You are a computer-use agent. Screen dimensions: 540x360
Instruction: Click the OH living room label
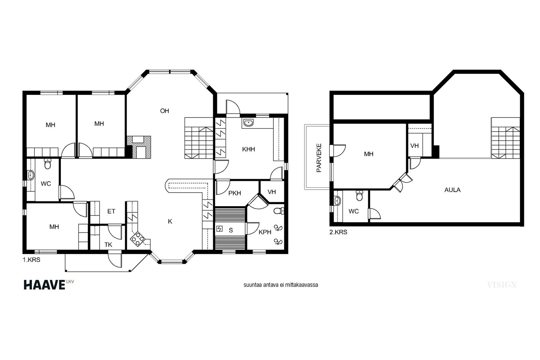tap(165, 111)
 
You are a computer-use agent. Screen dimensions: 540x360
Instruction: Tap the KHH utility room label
tap(248, 149)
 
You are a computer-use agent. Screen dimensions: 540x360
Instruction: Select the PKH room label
tap(235, 193)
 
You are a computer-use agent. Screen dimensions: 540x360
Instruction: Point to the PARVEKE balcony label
tap(319, 158)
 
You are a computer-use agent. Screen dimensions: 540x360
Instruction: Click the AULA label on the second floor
tap(453, 190)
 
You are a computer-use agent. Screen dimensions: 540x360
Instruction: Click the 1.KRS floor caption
tap(31, 260)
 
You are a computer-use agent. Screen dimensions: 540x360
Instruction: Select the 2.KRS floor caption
tap(339, 232)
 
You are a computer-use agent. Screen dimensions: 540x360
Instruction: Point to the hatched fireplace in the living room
tap(139, 147)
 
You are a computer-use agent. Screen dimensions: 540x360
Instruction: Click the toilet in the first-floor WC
tap(48, 164)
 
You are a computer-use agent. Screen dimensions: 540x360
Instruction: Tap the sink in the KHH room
tap(248, 123)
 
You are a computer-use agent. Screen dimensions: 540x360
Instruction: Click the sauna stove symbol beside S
tap(219, 229)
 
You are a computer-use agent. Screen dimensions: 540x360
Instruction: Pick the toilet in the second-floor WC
tap(359, 195)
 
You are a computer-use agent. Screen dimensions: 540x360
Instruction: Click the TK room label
tap(108, 245)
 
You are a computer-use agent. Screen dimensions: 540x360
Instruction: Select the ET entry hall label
tap(111, 211)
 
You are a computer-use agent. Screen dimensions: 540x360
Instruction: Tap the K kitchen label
tap(170, 221)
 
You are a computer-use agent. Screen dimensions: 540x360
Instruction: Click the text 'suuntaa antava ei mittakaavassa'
tap(280, 285)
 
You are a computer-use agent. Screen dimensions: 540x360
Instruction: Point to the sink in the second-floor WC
tap(337, 201)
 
